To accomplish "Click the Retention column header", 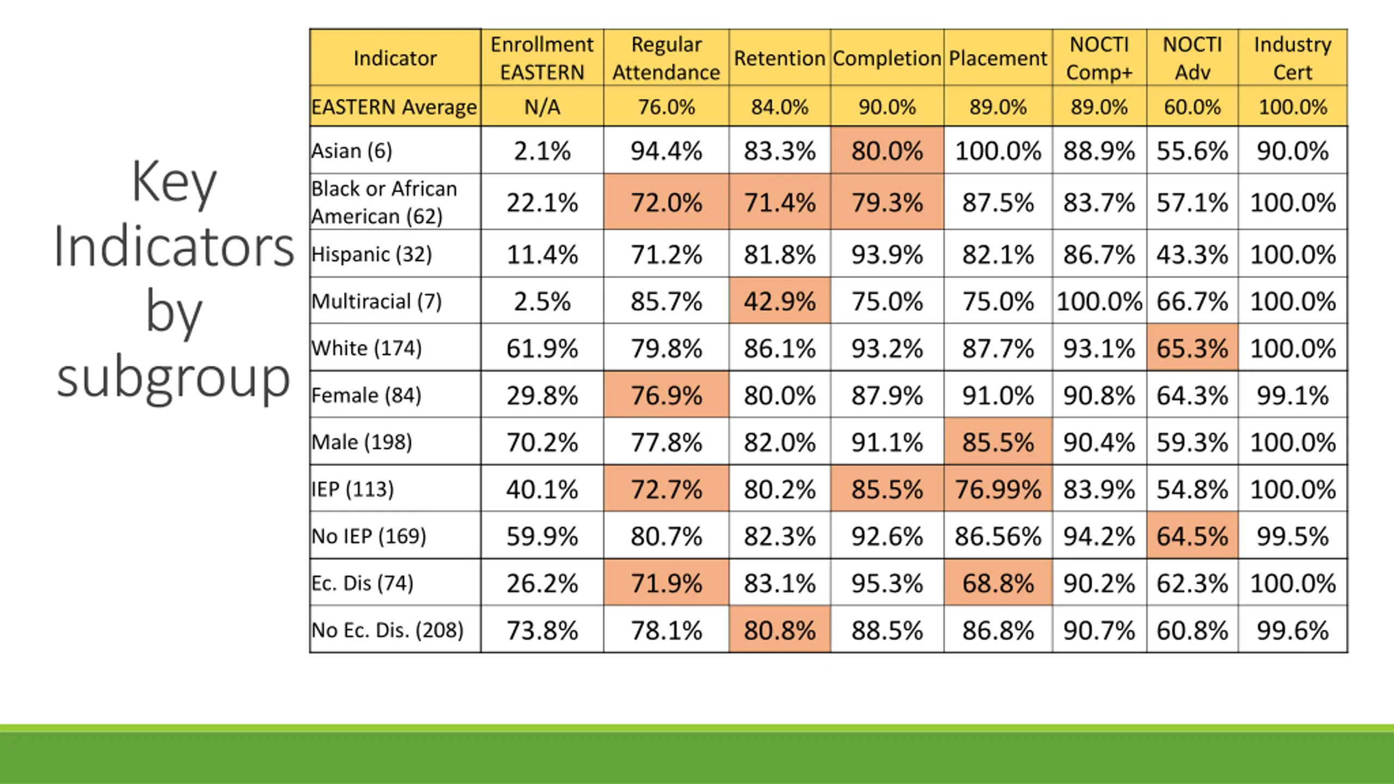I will [x=779, y=58].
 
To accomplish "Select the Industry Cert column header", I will [x=1292, y=58].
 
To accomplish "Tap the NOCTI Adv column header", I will [x=1192, y=58].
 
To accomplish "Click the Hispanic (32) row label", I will [x=371, y=254].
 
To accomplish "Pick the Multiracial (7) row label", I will [x=376, y=301].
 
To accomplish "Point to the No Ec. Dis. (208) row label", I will [x=387, y=630].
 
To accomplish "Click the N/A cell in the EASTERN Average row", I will [x=542, y=107].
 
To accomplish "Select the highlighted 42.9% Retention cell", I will [x=779, y=301].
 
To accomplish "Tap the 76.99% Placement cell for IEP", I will [x=998, y=489].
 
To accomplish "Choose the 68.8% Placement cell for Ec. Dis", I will [x=998, y=583].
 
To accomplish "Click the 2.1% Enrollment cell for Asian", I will [x=542, y=151].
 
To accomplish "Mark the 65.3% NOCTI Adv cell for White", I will [x=1192, y=348].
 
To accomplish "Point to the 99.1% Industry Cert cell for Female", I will [x=1292, y=395].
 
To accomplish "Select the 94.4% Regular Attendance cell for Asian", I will [x=666, y=151].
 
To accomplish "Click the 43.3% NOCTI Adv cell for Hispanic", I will [x=1192, y=254].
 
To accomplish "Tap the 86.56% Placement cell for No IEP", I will [x=998, y=536].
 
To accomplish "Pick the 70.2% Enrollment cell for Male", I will [x=542, y=442].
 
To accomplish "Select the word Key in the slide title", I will [x=174, y=182].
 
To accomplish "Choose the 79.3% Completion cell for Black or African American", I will [x=887, y=203].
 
